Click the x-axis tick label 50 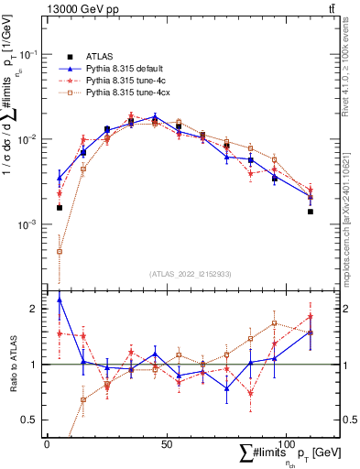click(166, 444)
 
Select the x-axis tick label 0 click(47, 444)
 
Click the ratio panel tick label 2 click(34, 309)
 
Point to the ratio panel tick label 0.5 click(30, 420)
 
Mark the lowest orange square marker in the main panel click(60, 251)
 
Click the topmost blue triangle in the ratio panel click(60, 300)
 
